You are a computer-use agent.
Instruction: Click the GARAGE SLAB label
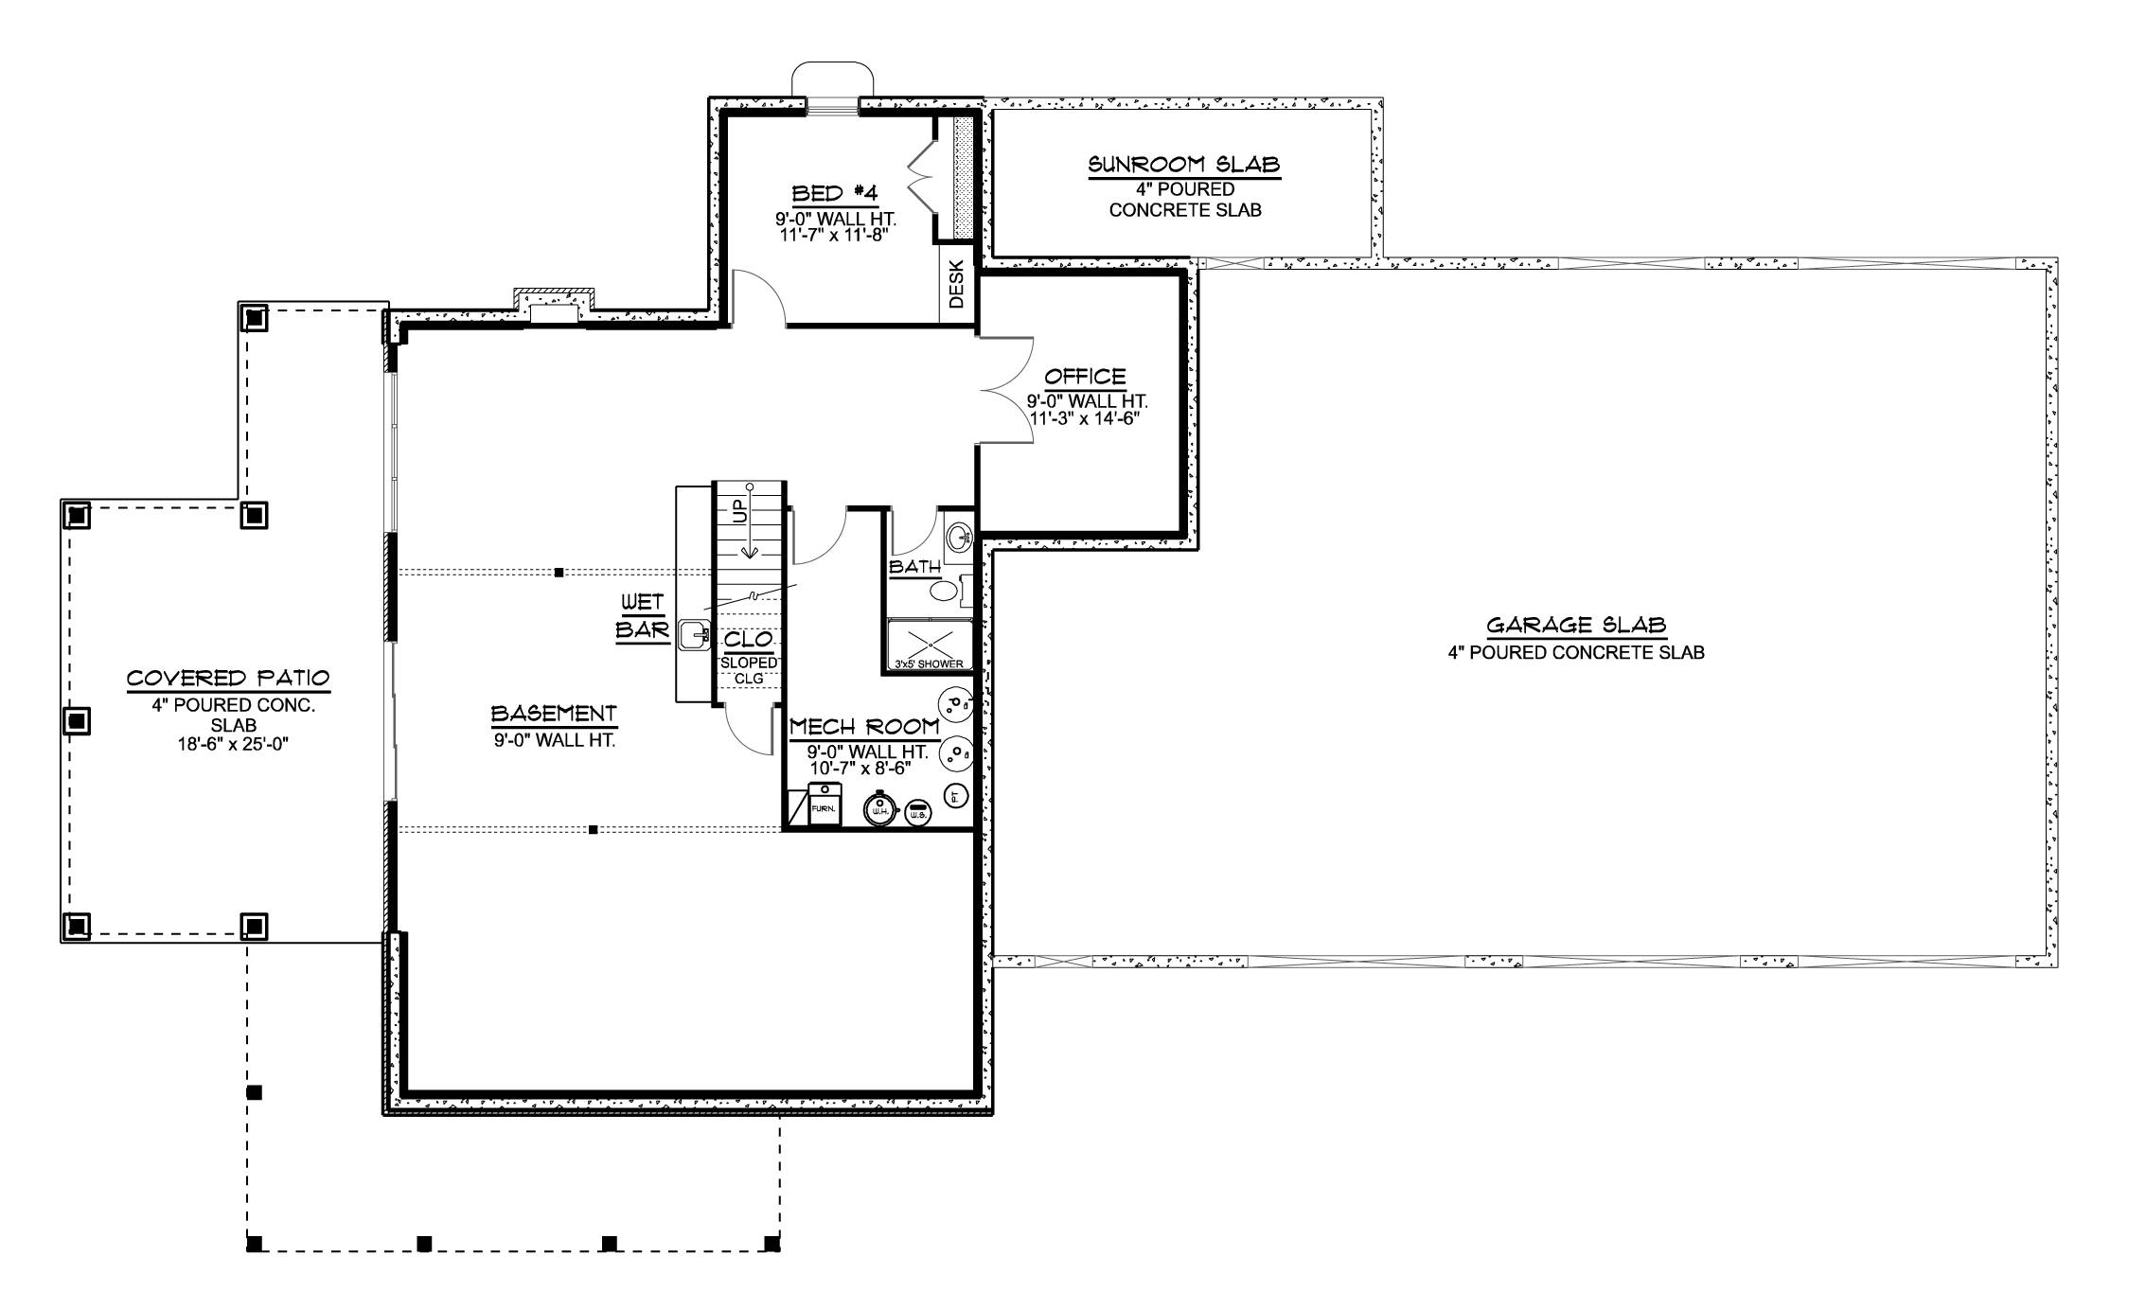[1575, 625]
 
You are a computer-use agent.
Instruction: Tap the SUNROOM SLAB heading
[1184, 165]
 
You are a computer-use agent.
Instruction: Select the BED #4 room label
[835, 194]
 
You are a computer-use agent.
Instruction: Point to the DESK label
[956, 284]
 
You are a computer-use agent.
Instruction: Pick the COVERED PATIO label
[228, 679]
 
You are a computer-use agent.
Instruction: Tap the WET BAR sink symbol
[695, 634]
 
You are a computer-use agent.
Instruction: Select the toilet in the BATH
[945, 592]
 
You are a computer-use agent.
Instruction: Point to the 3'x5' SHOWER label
[929, 663]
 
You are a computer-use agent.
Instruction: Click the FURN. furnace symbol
[823, 805]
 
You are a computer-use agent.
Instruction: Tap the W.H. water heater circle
[879, 809]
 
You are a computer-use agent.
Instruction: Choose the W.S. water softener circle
[917, 812]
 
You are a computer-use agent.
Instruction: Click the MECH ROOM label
[864, 727]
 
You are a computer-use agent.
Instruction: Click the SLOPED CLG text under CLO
[749, 670]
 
